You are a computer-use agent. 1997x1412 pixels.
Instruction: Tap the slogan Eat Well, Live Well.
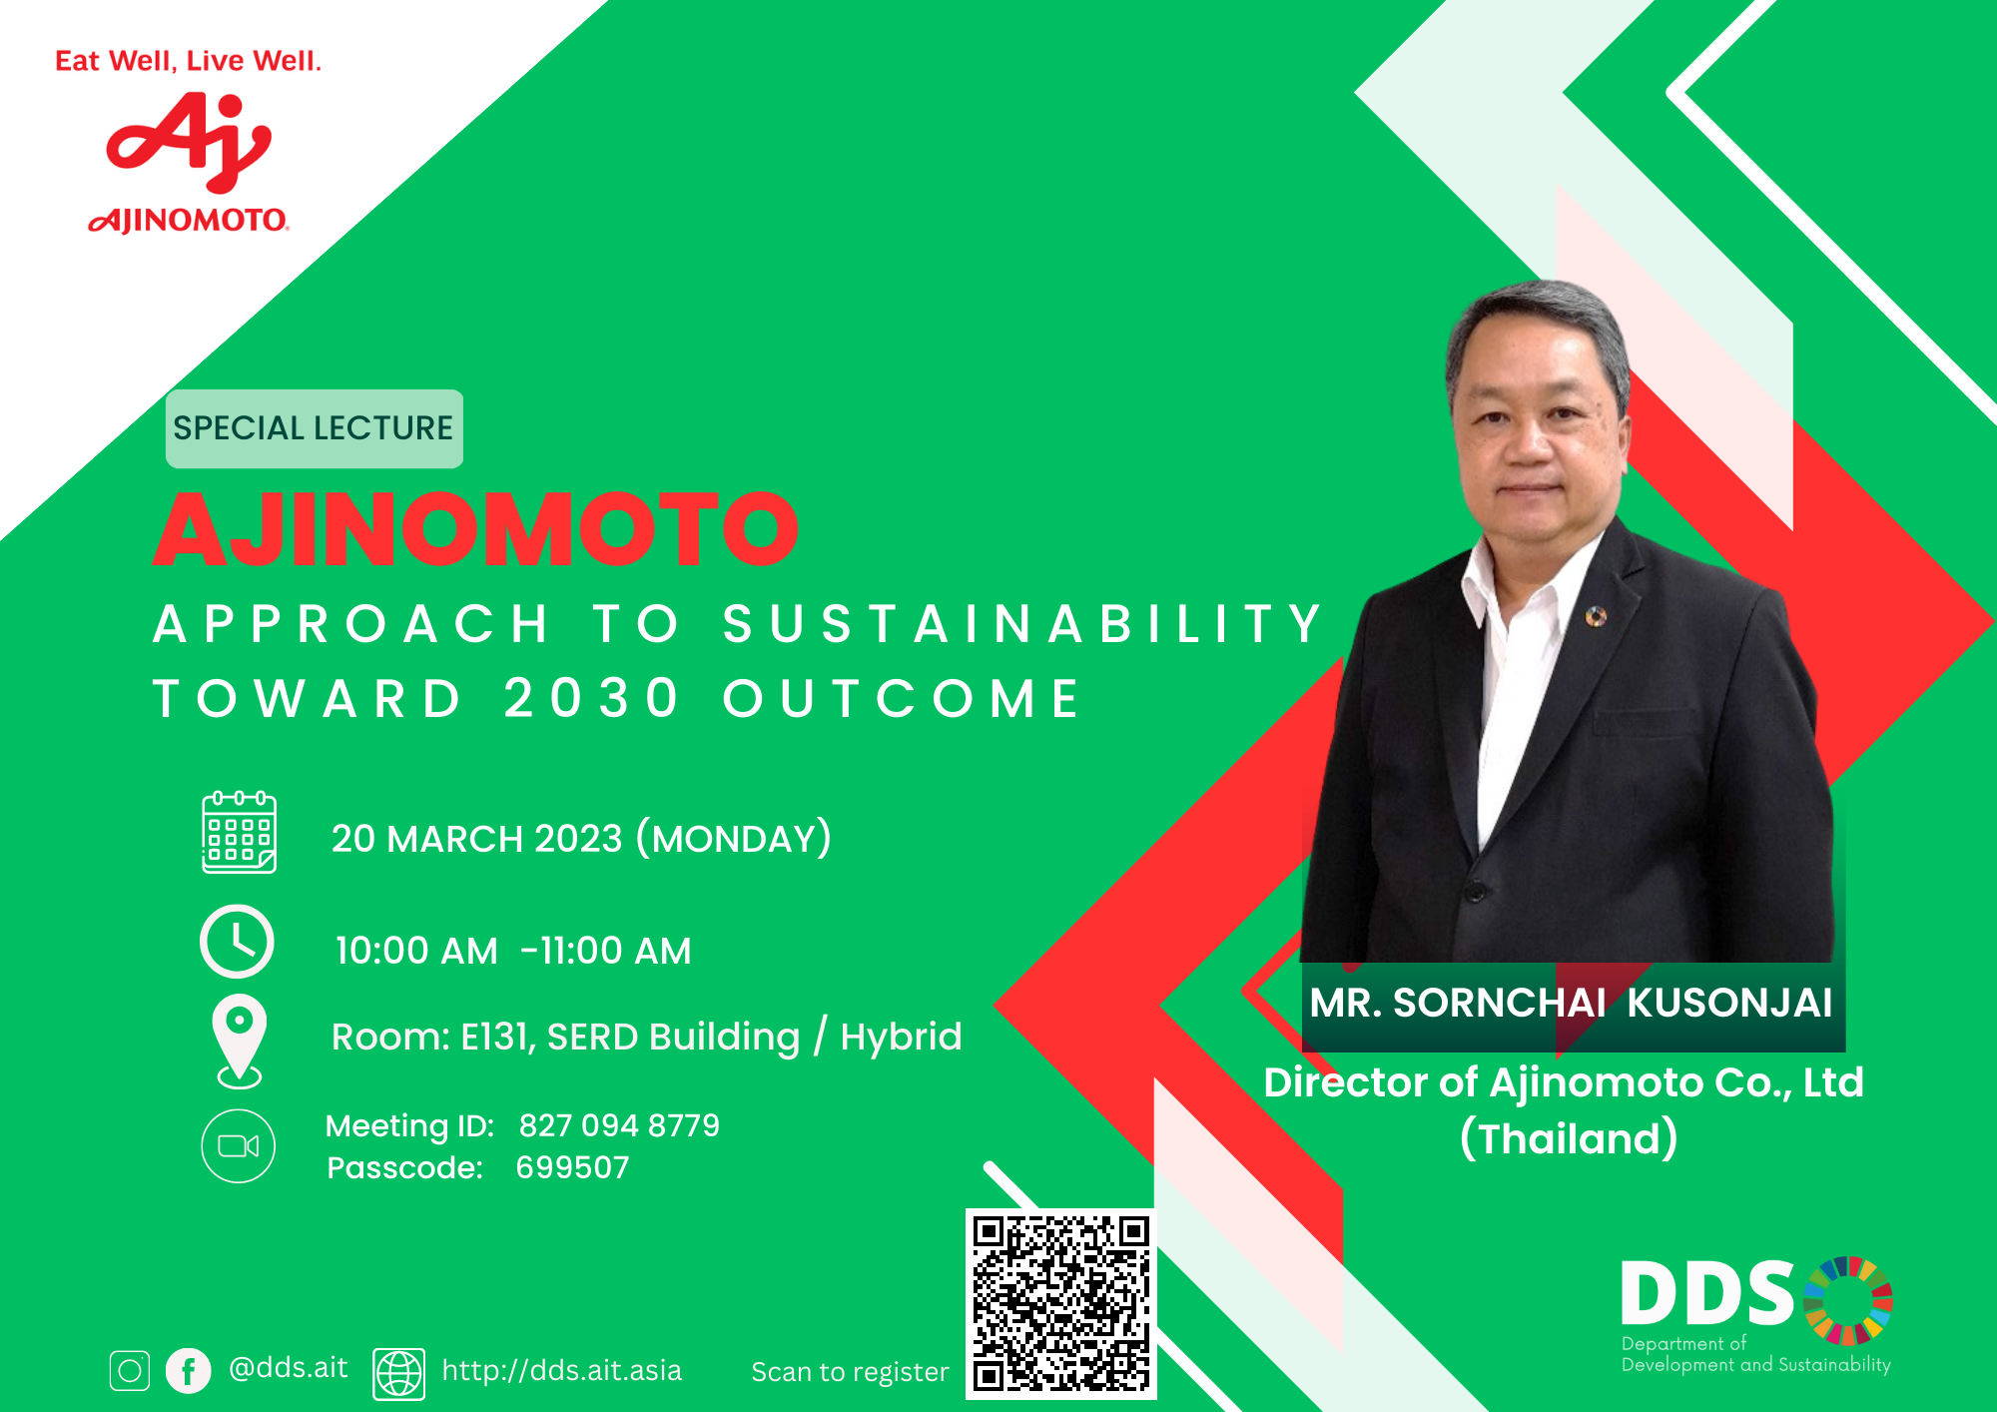point(188,61)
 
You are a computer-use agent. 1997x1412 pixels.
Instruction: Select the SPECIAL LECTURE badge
point(314,428)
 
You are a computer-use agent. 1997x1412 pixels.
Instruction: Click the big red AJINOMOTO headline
point(475,529)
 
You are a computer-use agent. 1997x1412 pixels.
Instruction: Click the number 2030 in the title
point(590,698)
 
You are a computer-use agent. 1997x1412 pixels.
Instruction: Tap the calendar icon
point(239,833)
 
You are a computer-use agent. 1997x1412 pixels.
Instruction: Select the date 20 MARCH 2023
point(476,839)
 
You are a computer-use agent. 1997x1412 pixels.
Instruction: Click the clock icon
point(237,941)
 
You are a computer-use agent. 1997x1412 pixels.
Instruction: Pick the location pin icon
point(240,1039)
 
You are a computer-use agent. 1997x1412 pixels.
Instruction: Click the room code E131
point(496,1038)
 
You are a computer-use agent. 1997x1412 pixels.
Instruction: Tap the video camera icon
point(238,1145)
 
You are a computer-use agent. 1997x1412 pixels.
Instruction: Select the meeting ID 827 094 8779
point(619,1125)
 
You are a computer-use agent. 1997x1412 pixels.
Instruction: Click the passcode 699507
point(572,1167)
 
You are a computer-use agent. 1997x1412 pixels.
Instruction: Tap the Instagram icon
point(130,1371)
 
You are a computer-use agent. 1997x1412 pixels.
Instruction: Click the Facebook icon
point(188,1371)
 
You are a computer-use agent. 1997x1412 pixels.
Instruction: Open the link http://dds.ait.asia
point(561,1370)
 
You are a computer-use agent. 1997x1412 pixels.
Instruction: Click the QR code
point(1060,1303)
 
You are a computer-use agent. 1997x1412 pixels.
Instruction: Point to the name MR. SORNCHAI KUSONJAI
point(1571,1003)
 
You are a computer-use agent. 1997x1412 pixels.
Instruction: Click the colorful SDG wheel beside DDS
point(1847,1300)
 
